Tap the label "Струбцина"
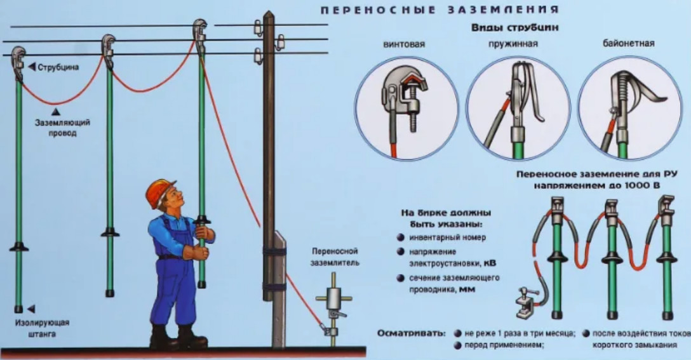[x=58, y=67]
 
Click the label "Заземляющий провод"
[x=62, y=128]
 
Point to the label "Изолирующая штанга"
[x=43, y=328]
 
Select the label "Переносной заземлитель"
[x=335, y=257]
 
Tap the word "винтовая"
[x=404, y=44]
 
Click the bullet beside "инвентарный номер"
[x=399, y=237]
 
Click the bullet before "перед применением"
[x=457, y=345]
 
